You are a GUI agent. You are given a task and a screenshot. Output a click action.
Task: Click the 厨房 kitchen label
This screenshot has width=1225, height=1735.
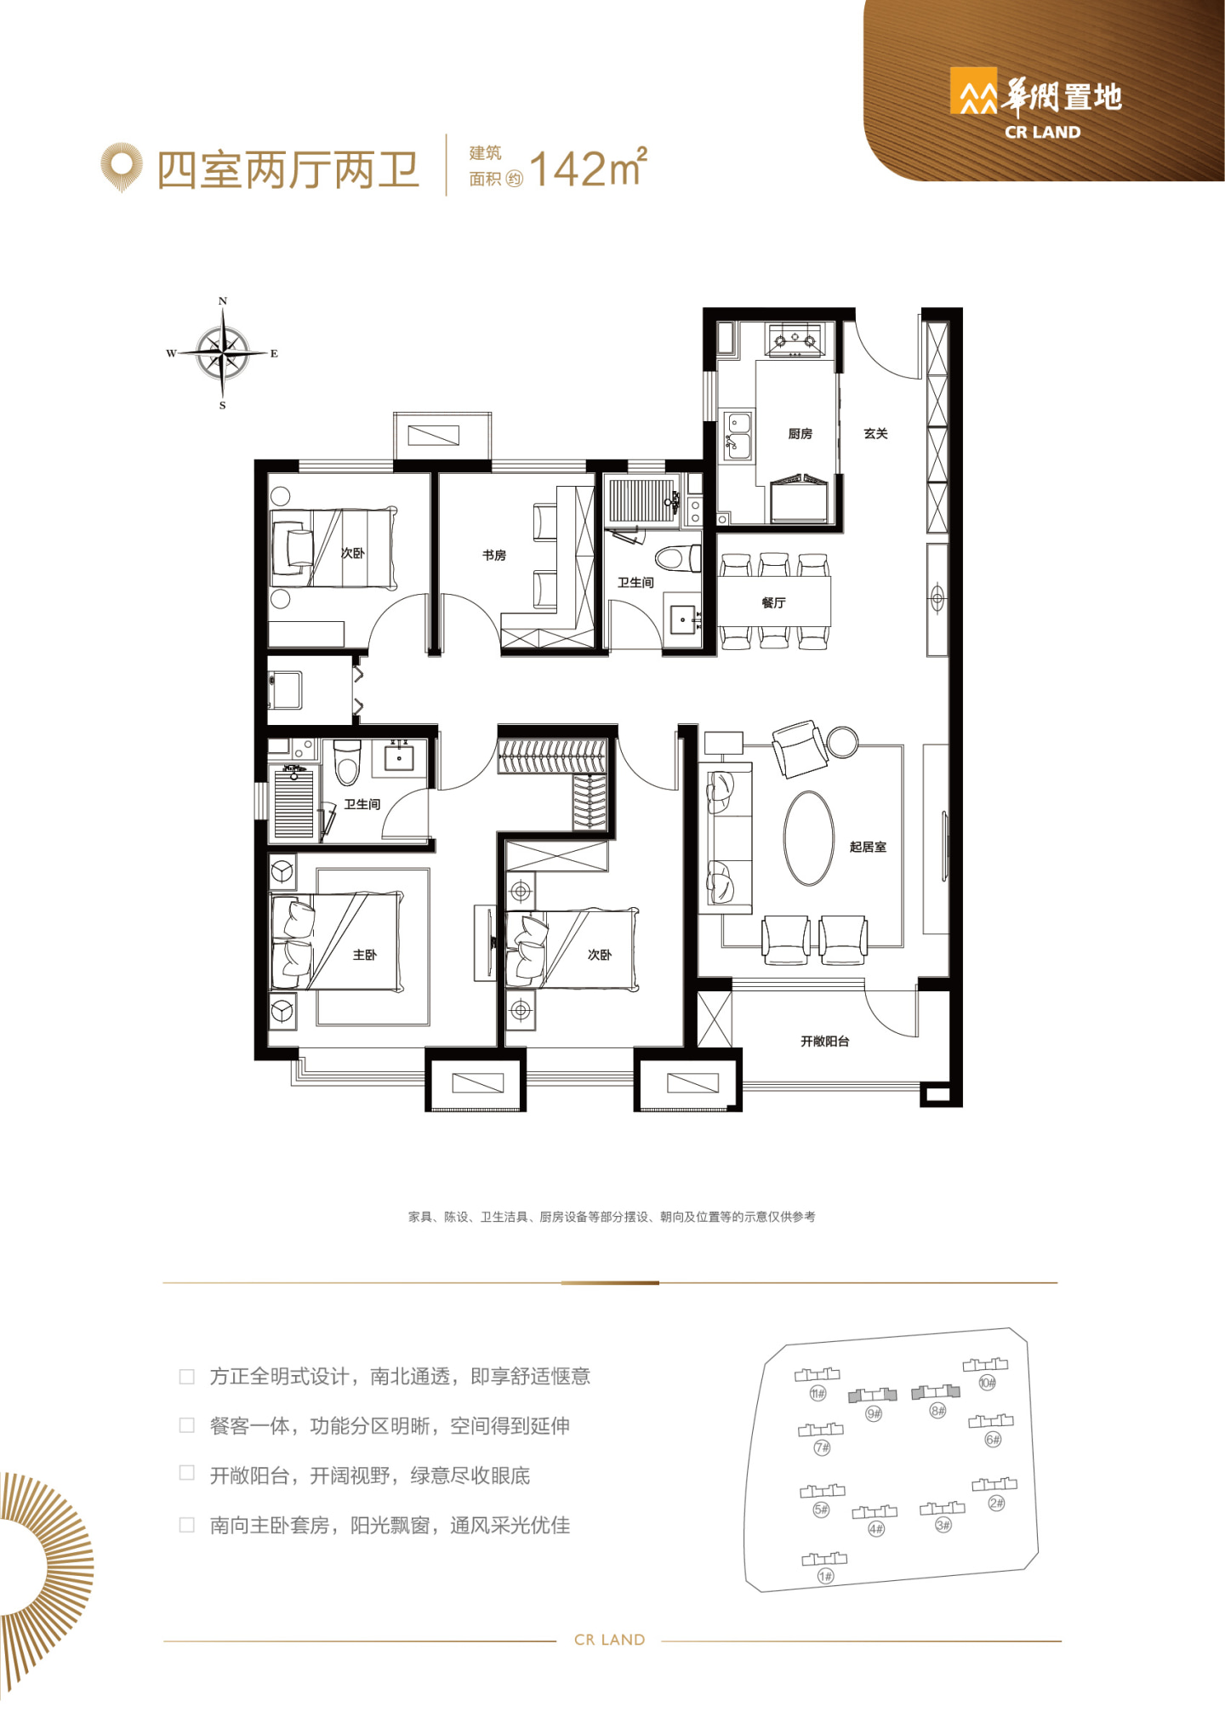(800, 434)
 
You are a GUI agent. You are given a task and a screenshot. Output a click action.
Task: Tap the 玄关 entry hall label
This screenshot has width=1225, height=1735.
(875, 434)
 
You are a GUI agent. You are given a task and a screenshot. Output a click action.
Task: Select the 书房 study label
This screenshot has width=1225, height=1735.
(494, 555)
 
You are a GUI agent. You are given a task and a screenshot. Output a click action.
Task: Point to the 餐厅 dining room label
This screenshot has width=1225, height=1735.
(773, 602)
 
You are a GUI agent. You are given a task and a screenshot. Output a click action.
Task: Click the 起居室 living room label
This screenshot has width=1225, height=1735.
(868, 847)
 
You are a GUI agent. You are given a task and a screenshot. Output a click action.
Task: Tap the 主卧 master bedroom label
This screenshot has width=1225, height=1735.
(364, 955)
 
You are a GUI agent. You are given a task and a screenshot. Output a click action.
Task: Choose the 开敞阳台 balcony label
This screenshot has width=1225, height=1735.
(824, 1041)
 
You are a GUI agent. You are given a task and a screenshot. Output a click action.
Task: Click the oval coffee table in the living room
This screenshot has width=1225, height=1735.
(809, 838)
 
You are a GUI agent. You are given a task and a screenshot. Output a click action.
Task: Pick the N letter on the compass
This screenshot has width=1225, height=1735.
(223, 301)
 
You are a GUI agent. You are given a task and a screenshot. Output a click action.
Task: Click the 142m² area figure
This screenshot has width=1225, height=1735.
(588, 168)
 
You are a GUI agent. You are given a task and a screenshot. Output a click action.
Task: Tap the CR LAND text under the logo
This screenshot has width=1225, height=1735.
(1042, 132)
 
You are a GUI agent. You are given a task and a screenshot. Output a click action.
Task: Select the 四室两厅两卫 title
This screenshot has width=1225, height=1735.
(288, 170)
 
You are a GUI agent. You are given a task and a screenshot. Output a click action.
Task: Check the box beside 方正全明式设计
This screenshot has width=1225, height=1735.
(187, 1377)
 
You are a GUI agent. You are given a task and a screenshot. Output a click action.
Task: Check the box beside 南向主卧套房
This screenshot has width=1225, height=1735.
(187, 1526)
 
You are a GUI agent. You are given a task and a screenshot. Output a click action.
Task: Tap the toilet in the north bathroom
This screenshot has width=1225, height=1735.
(678, 559)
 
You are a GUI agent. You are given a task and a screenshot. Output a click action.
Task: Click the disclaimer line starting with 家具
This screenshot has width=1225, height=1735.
(612, 1217)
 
